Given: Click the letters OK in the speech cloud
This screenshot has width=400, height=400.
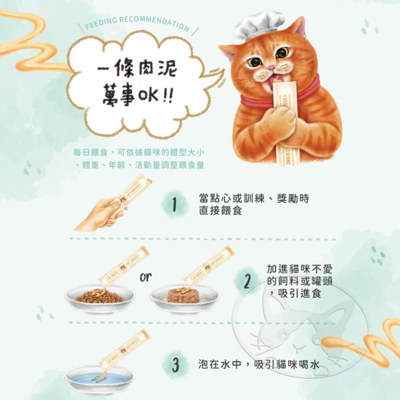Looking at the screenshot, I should click(147, 97).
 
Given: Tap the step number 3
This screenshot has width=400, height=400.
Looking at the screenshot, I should click(175, 364).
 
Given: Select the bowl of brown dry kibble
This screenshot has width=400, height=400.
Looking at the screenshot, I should click(100, 298).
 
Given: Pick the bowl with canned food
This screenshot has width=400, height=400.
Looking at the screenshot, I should click(184, 298).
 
